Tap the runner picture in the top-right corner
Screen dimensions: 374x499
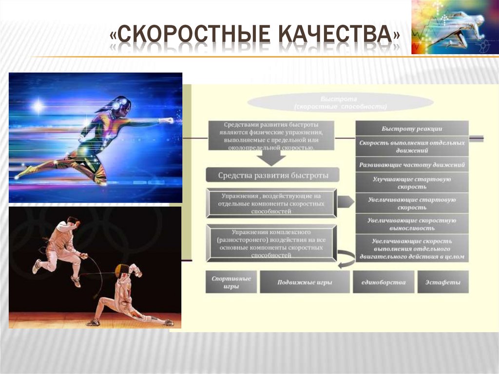point(455,27)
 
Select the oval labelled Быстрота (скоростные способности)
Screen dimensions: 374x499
point(340,102)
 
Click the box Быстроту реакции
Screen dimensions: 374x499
point(412,129)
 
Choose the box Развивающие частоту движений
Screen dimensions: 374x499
point(412,165)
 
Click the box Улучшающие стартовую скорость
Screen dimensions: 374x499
point(412,183)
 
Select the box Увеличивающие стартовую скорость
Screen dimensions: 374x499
point(412,203)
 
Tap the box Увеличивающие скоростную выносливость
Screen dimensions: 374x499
point(412,224)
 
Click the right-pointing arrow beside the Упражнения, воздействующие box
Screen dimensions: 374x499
point(345,201)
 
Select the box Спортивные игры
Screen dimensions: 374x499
point(231,282)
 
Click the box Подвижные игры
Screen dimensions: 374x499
point(305,282)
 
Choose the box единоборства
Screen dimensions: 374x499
point(384,282)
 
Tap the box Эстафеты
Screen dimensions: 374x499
point(443,282)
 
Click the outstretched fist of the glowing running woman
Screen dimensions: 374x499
point(168,120)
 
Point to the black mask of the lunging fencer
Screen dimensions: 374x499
point(121,270)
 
